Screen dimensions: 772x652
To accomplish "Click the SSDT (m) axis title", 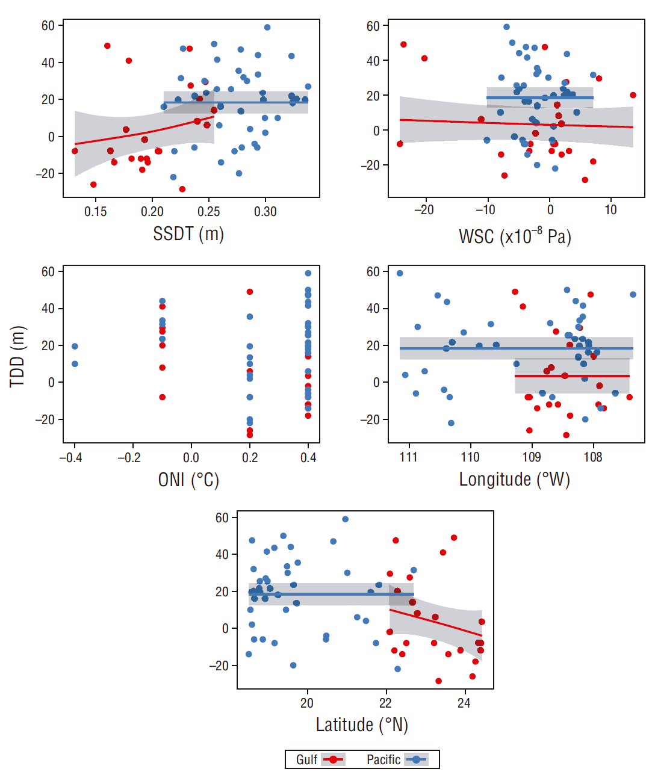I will pyautogui.click(x=188, y=233).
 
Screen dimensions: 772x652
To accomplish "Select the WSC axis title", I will pyautogui.click(x=515, y=236).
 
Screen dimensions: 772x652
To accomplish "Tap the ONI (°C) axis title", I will pyautogui.click(x=188, y=480).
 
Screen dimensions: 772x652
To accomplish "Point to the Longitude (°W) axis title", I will pyautogui.click(x=514, y=480).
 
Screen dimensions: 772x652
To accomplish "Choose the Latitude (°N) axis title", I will pyautogui.click(x=362, y=724).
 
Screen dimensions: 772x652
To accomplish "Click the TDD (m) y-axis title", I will pyautogui.click(x=18, y=356).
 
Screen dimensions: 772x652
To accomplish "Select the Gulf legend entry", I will pyautogui.click(x=320, y=759).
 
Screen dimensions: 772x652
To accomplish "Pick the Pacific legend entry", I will pyautogui.click(x=396, y=759).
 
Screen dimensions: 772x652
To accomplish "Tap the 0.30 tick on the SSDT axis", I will pyautogui.click(x=265, y=212).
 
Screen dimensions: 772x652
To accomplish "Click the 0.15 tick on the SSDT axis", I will pyautogui.click(x=95, y=212).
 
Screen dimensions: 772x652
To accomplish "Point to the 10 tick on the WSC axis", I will pyautogui.click(x=610, y=210).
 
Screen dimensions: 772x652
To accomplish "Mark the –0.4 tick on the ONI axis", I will pyautogui.click(x=70, y=458).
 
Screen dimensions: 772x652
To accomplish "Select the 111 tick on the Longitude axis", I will pyautogui.click(x=408, y=457).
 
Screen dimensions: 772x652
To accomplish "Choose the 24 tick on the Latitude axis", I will pyautogui.click(x=464, y=703).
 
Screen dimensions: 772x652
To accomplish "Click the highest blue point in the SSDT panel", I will pyautogui.click(x=267, y=28).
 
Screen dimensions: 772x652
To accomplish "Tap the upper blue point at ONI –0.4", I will pyautogui.click(x=75, y=347).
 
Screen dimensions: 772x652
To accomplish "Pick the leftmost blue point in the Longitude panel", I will pyautogui.click(x=400, y=273).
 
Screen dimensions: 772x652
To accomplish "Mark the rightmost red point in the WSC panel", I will pyautogui.click(x=633, y=95).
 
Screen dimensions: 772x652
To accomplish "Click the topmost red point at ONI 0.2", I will pyautogui.click(x=250, y=292).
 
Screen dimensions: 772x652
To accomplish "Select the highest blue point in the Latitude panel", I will pyautogui.click(x=345, y=519).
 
